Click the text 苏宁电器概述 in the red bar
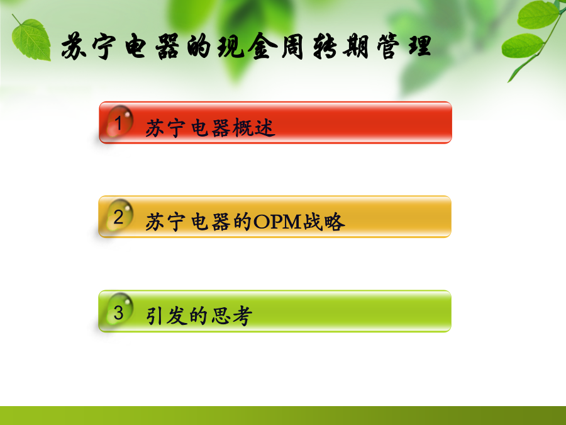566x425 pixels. point(210,128)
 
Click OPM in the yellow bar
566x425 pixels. point(277,222)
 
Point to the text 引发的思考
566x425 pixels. point(199,316)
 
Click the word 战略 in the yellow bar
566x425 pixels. point(324,222)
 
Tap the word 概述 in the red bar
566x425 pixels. point(254,128)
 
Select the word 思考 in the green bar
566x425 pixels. point(231,316)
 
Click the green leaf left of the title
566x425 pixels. point(31,39)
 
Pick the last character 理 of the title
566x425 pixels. point(420,46)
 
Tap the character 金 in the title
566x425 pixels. point(262,46)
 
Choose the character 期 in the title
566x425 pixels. point(356,46)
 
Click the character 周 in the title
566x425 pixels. point(292,46)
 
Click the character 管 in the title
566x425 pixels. point(387,46)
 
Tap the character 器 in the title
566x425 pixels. point(167,46)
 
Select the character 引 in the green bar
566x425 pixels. point(154,316)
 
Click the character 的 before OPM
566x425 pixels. point(242,222)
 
